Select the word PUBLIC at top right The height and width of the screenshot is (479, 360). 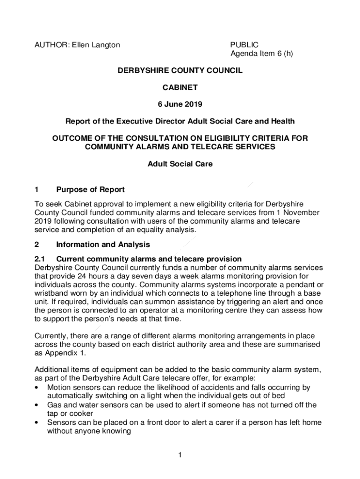click(x=244, y=45)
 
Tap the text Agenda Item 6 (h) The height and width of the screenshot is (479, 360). click(x=261, y=53)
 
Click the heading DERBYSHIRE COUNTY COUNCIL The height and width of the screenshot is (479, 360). click(x=180, y=70)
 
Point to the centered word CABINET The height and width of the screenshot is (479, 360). click(x=180, y=87)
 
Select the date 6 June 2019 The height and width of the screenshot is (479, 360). click(x=180, y=104)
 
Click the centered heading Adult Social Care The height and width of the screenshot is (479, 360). click(x=180, y=164)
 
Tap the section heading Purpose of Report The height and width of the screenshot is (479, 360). click(x=90, y=189)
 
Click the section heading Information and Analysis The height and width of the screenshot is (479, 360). click(x=103, y=244)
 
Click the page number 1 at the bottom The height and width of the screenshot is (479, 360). click(x=180, y=455)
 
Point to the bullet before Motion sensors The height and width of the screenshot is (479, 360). click(x=37, y=388)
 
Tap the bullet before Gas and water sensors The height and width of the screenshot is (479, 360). click(x=37, y=405)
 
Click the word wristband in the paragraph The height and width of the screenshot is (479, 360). click(x=51, y=293)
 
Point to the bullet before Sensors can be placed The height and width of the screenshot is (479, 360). click(x=37, y=422)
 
